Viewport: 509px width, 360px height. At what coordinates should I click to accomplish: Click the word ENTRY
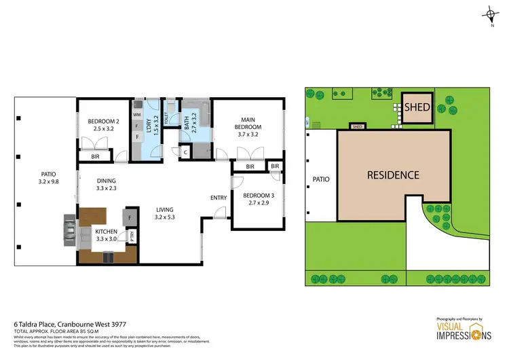(x=219, y=198)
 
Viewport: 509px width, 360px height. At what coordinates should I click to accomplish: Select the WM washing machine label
(x=136, y=115)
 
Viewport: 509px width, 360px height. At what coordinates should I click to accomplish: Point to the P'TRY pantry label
(x=132, y=236)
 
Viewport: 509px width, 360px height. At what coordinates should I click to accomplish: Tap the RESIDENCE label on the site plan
(x=393, y=175)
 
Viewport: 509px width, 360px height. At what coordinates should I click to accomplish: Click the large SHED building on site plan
(x=417, y=108)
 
